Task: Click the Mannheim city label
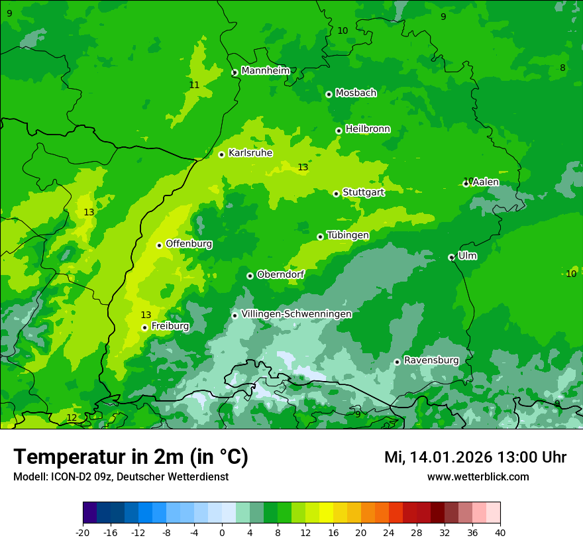[265, 71]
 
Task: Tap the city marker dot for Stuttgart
[336, 193]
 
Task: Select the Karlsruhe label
[250, 153]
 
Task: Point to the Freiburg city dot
[144, 327]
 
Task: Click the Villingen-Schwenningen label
[296, 314]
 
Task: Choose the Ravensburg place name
[431, 360]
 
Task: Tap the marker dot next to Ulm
[451, 257]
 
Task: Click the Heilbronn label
[368, 129]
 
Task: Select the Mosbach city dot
[329, 94]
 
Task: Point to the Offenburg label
[189, 244]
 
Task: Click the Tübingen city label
[348, 235]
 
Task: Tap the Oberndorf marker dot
[250, 276]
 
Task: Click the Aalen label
[486, 182]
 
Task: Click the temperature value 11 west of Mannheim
[194, 85]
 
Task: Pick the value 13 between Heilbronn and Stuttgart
[303, 168]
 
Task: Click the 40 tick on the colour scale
[500, 533]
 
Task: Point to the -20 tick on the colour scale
[83, 533]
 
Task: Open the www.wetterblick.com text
[478, 476]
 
